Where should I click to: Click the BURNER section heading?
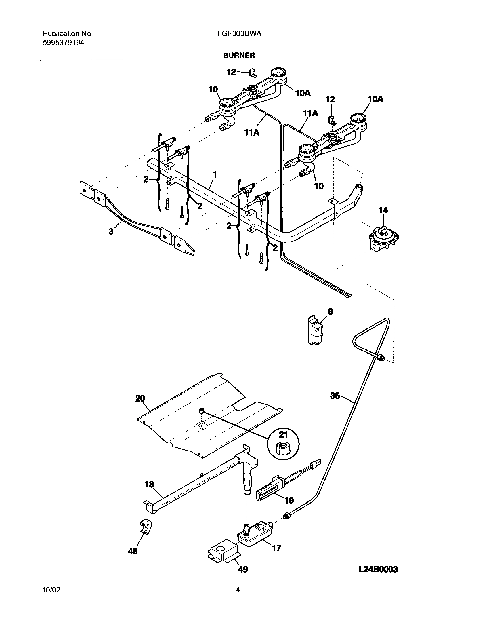tap(239, 56)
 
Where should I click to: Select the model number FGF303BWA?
tap(239, 34)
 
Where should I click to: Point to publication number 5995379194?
tap(64, 43)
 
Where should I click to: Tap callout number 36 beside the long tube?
tap(335, 396)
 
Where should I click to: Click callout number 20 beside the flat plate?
tap(140, 398)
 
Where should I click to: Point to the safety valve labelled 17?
tap(255, 535)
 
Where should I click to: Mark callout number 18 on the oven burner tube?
tap(149, 485)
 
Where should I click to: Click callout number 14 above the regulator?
tap(383, 210)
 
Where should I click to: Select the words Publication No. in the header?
tap(68, 34)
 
